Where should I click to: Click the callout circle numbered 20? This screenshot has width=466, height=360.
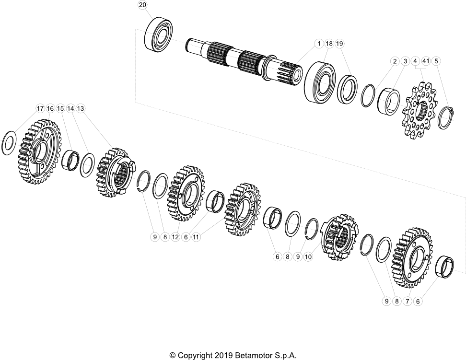[142, 5]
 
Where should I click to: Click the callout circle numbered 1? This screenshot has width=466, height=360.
[318, 44]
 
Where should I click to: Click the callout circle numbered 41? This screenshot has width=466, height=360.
[425, 61]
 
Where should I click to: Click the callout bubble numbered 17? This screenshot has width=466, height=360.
[40, 109]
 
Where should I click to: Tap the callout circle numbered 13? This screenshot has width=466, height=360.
[81, 109]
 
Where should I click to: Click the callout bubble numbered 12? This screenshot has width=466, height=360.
[175, 237]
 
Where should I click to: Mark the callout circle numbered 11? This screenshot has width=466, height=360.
[196, 237]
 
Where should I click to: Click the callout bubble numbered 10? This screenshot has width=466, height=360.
[308, 257]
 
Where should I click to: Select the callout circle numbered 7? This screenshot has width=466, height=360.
[408, 301]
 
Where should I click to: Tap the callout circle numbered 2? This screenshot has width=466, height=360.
[395, 61]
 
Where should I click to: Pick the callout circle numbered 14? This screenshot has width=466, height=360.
[70, 109]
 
